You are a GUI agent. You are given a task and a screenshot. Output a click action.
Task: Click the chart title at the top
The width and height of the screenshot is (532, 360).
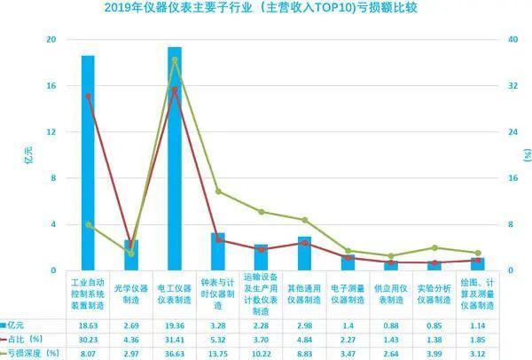(x=266, y=10)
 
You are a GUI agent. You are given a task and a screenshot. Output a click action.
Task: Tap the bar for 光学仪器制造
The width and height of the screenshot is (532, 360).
(x=131, y=255)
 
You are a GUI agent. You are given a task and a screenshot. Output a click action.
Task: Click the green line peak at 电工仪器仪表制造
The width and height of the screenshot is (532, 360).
(x=175, y=59)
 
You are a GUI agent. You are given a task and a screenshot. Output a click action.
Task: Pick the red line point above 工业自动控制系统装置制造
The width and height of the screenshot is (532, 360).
(x=88, y=96)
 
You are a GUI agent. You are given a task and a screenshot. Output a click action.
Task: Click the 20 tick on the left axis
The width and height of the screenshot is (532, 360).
(x=51, y=40)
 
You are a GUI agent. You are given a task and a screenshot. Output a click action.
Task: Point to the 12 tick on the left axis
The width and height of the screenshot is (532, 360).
(x=51, y=132)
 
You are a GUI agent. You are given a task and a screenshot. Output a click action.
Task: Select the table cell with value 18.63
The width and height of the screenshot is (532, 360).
(x=88, y=327)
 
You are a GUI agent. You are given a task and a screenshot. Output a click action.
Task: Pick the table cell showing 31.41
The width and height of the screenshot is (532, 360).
(x=175, y=340)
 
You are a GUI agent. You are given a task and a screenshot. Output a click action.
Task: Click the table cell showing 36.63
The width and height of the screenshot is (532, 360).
(x=175, y=353)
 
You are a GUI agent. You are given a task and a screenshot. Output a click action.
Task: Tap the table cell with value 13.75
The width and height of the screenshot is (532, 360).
(x=218, y=353)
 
